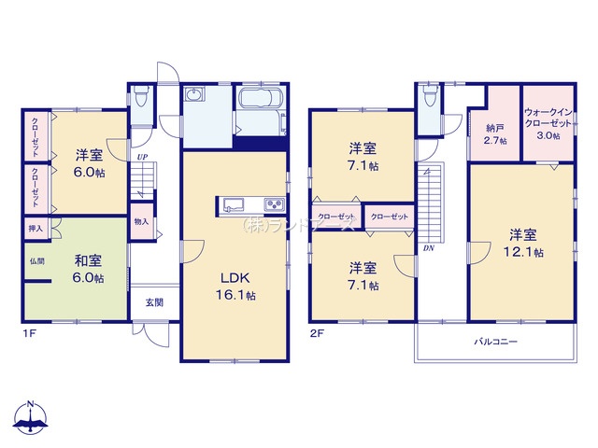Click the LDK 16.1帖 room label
[x=235, y=287]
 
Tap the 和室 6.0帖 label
[x=88, y=270]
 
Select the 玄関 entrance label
[x=154, y=302]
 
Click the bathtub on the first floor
[x=261, y=98]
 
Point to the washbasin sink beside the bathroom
[x=194, y=94]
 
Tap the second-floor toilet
[x=430, y=95]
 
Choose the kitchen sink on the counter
[x=234, y=204]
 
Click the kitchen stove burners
[x=274, y=204]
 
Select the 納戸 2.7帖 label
[x=495, y=134]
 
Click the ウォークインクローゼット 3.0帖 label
[x=548, y=124]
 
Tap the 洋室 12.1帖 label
[x=523, y=244]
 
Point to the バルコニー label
[x=495, y=342]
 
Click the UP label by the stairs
[x=143, y=157]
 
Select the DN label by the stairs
[x=429, y=248]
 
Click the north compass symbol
[x=30, y=417]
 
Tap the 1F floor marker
[x=29, y=334]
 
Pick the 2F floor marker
[x=317, y=334]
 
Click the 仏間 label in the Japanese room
[x=37, y=261]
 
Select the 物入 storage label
[x=141, y=221]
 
